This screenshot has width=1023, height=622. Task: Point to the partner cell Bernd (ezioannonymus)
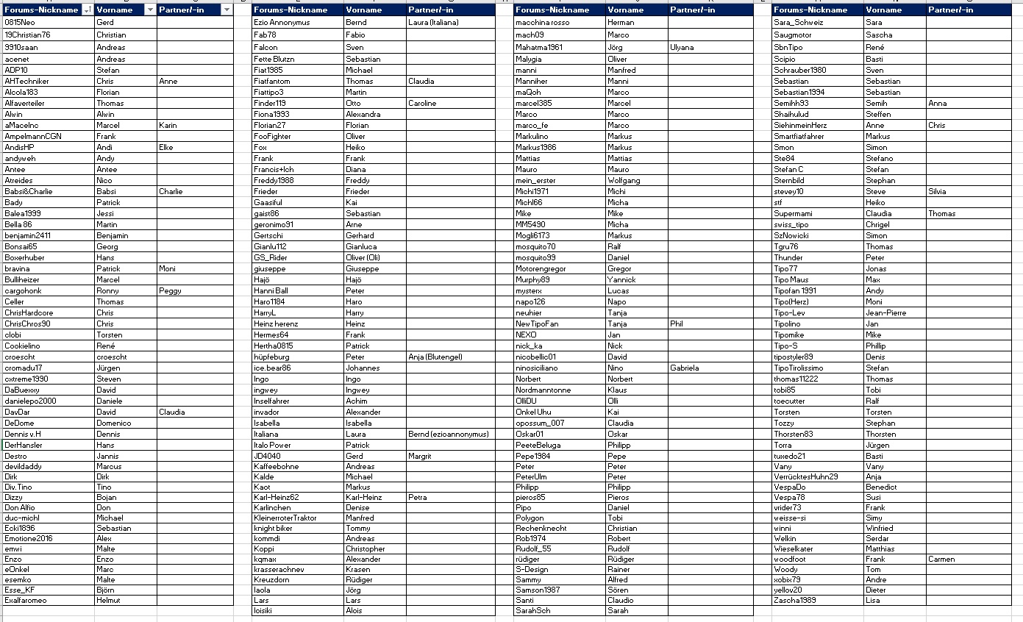[x=448, y=434]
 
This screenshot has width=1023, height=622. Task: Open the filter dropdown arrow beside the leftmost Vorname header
[x=150, y=10]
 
